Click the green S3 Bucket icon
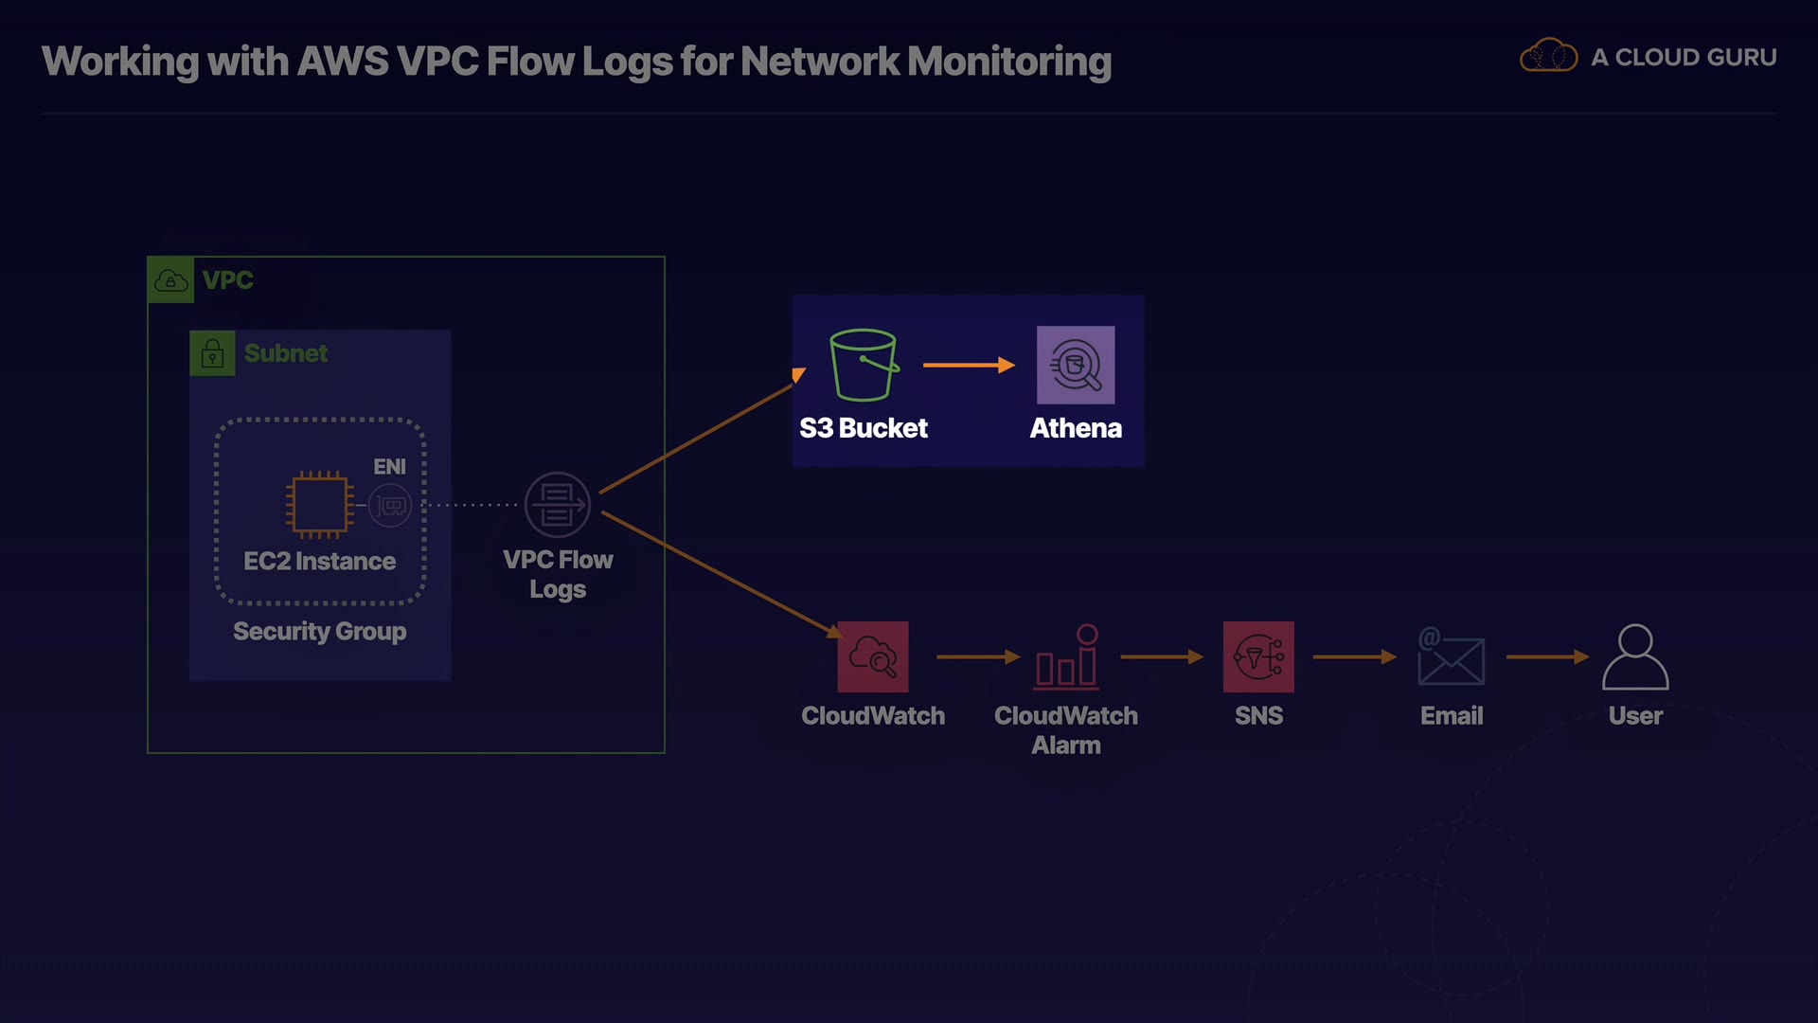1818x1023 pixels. click(x=863, y=365)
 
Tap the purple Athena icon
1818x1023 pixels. click(x=1076, y=365)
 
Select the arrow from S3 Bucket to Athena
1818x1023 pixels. click(x=968, y=365)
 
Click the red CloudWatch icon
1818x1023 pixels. click(x=873, y=656)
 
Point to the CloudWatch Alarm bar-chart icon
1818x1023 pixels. click(x=1066, y=656)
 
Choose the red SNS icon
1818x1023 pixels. click(x=1258, y=656)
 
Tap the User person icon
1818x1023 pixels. click(x=1635, y=656)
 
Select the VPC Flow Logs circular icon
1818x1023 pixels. click(x=558, y=505)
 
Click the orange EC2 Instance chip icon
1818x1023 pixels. click(x=320, y=504)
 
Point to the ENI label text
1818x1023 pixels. click(x=389, y=466)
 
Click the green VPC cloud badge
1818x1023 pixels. click(x=171, y=280)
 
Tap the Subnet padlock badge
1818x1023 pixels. click(x=212, y=353)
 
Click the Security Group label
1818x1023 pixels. click(x=320, y=631)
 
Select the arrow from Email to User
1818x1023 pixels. click(x=1546, y=656)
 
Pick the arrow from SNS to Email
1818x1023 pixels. click(x=1354, y=656)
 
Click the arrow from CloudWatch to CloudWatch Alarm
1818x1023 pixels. click(x=977, y=656)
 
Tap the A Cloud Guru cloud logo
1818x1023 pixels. click(x=1548, y=56)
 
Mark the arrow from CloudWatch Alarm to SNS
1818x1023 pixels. click(x=1161, y=656)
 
